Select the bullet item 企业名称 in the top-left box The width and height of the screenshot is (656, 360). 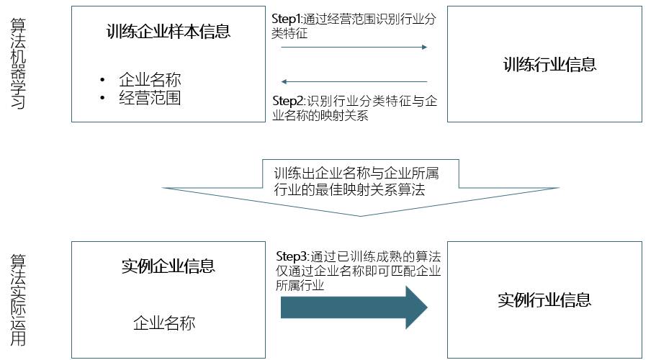[150, 80]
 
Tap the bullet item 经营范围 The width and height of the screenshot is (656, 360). [150, 98]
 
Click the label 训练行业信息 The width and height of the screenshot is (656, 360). [549, 65]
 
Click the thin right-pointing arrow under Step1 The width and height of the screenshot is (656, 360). [354, 48]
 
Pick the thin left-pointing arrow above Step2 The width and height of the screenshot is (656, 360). [354, 81]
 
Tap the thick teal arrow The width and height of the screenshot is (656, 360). [354, 306]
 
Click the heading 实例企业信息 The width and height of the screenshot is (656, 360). [168, 266]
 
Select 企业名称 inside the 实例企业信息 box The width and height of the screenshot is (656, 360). [164, 323]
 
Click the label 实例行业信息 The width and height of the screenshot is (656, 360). [544, 300]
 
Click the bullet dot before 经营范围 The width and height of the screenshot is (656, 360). [103, 98]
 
